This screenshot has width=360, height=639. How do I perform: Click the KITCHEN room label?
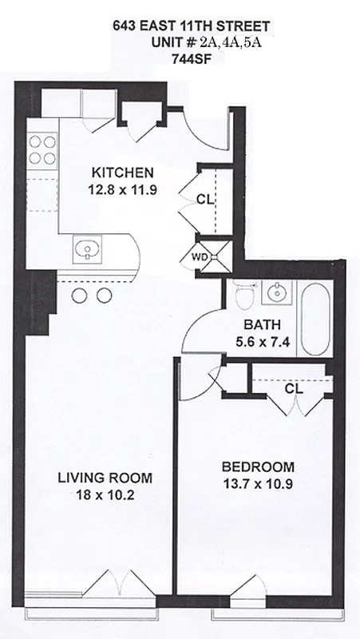[123, 173]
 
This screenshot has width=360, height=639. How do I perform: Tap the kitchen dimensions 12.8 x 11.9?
[123, 190]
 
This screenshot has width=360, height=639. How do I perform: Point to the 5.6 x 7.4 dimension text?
[263, 342]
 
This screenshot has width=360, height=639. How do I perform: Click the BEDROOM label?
[258, 466]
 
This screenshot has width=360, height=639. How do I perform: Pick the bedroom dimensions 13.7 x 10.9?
[258, 484]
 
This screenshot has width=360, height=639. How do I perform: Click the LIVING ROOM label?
[105, 478]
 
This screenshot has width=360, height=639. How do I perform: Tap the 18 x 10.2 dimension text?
[105, 495]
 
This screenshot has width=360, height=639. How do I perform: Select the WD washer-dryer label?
[200, 257]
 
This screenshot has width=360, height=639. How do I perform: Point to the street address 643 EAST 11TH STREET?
[192, 27]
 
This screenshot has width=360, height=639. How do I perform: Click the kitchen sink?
[87, 249]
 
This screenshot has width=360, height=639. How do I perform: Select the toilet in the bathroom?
[246, 294]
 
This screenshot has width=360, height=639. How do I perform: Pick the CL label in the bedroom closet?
[294, 389]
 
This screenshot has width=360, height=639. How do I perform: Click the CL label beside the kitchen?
[206, 200]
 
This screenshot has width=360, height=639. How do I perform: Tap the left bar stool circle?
[79, 296]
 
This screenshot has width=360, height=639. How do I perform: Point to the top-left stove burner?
[35, 142]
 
